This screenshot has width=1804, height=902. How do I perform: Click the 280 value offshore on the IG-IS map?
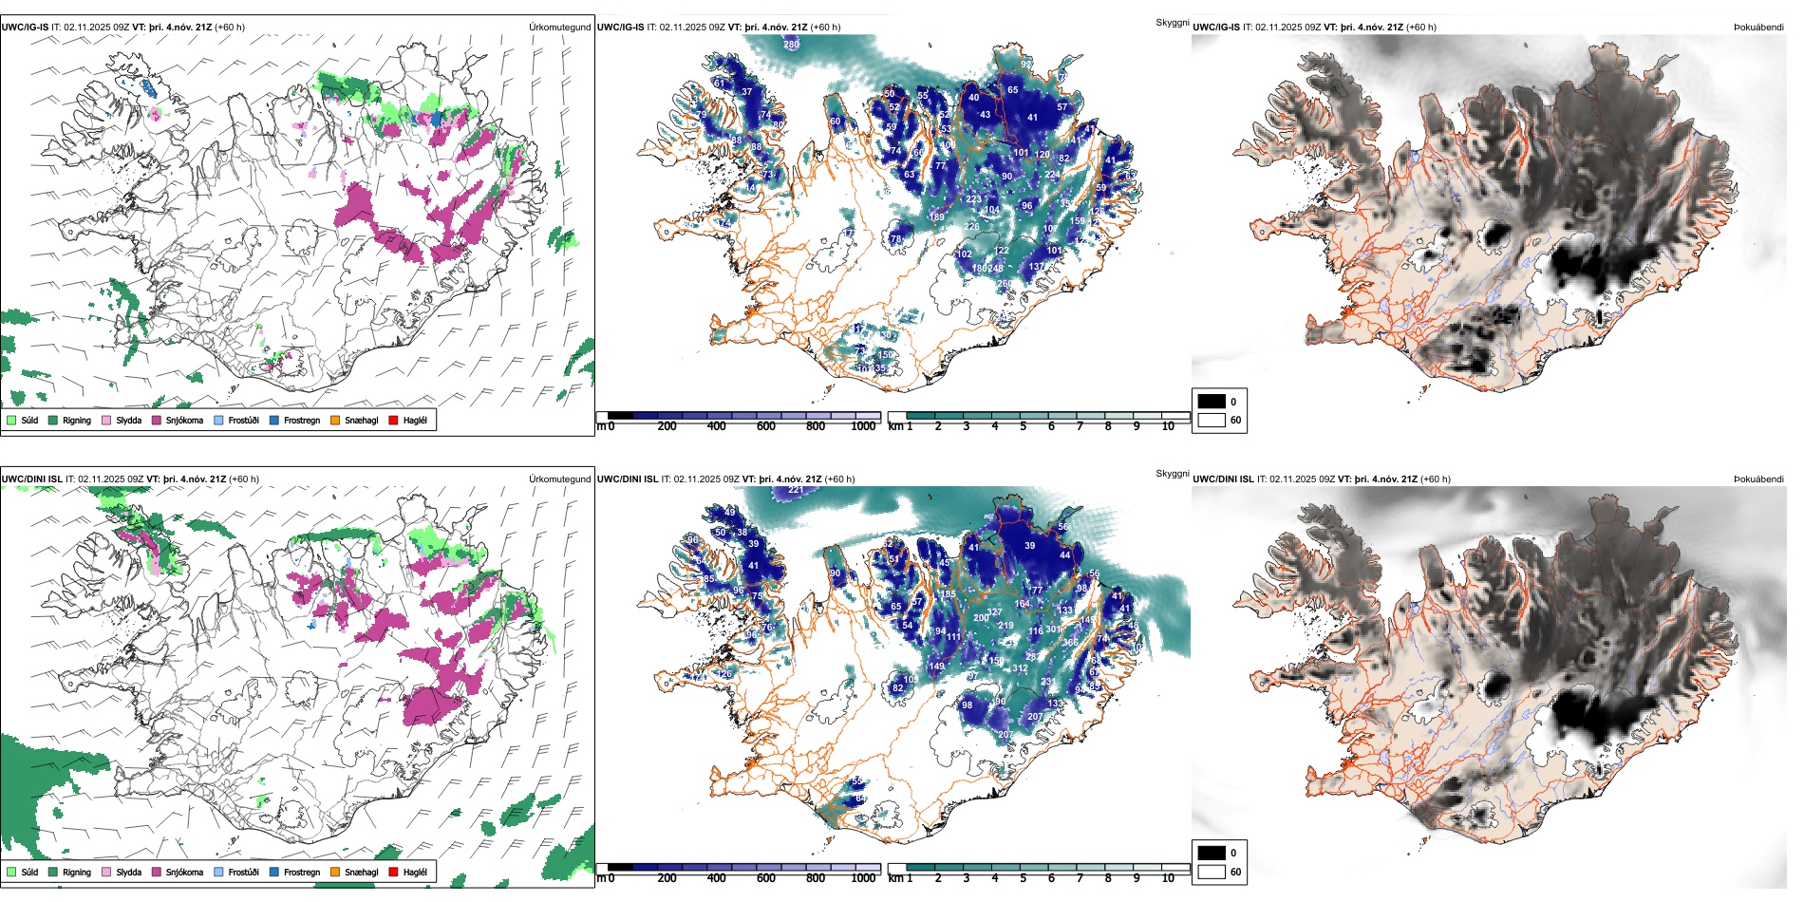tap(791, 45)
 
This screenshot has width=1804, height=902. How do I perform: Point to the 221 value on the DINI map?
tap(796, 490)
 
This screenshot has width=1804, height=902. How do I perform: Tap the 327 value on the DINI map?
tap(994, 613)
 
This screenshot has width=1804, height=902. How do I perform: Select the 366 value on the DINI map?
tap(1070, 643)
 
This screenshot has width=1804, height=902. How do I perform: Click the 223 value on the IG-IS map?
tap(974, 199)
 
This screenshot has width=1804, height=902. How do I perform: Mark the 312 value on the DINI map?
tap(1021, 668)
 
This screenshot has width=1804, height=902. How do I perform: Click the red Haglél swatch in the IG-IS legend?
tap(393, 420)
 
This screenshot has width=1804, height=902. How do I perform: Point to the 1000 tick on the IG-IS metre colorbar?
tap(863, 426)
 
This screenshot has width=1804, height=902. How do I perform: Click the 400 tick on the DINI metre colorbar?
tap(717, 878)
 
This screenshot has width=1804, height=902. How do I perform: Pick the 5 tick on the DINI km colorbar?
tap(1023, 878)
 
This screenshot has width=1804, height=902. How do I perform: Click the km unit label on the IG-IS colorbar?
tap(894, 426)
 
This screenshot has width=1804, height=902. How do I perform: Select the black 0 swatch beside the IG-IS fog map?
tap(1212, 402)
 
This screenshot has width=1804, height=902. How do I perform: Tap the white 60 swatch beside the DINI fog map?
tap(1212, 872)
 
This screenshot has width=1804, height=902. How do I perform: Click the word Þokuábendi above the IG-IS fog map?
tap(1758, 28)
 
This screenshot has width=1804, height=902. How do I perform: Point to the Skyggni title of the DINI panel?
tap(1172, 473)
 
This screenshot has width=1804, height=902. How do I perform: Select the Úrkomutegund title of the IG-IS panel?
tap(559, 28)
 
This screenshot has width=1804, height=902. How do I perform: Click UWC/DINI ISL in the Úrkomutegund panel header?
tap(31, 479)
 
